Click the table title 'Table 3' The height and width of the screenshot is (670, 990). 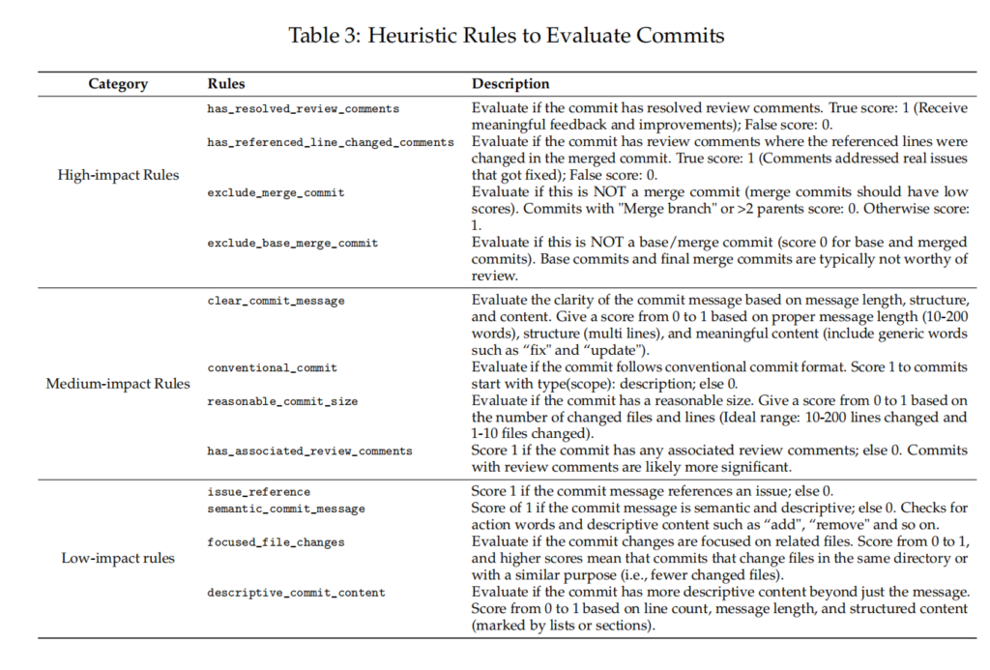(507, 36)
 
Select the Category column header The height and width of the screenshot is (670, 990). (118, 84)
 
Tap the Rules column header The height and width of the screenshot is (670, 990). (226, 84)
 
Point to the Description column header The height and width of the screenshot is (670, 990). (510, 84)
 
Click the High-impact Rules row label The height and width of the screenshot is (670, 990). (119, 176)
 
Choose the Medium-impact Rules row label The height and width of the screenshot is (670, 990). (119, 384)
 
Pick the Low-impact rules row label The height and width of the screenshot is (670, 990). (119, 558)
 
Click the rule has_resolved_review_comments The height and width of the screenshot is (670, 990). (303, 109)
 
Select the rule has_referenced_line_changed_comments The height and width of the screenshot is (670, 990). (330, 142)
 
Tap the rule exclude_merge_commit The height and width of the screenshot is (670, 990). (276, 192)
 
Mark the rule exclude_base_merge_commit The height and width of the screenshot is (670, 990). (293, 243)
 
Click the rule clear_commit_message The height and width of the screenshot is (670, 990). (276, 301)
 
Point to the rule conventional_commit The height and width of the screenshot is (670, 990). (272, 367)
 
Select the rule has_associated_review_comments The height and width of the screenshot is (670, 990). (309, 451)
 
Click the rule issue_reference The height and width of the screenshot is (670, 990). (258, 492)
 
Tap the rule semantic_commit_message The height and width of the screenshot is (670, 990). (286, 509)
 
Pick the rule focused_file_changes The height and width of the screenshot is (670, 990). (276, 542)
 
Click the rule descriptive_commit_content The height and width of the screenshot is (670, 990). (296, 593)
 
